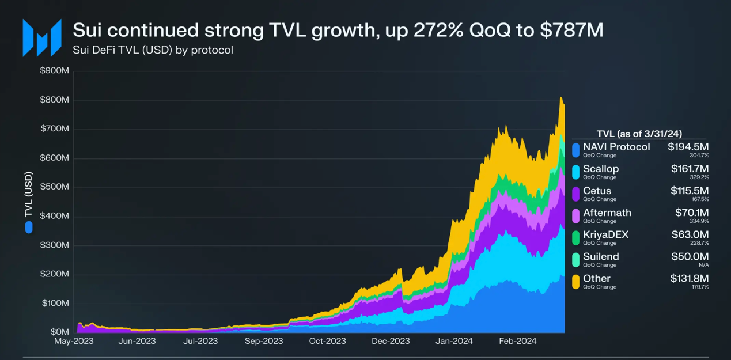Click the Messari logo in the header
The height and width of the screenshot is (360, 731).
(x=42, y=38)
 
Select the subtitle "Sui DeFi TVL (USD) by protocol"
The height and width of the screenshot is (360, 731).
(x=153, y=50)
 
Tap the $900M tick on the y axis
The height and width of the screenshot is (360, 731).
(x=55, y=71)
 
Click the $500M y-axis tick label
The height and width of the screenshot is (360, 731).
(x=55, y=187)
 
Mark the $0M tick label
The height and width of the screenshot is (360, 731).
(x=59, y=332)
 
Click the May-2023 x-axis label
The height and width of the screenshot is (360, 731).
(x=74, y=341)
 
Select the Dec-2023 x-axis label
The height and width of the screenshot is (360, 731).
(x=391, y=341)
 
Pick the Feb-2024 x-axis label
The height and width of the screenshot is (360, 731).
(x=517, y=341)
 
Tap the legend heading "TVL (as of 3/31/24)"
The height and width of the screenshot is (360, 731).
(x=639, y=134)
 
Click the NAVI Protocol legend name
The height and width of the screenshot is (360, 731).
(x=616, y=147)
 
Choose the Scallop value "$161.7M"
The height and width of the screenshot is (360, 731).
(x=690, y=169)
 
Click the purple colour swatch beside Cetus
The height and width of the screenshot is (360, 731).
(x=575, y=194)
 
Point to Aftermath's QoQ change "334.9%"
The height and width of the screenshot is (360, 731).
(x=699, y=221)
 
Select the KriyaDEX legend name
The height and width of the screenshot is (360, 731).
(x=605, y=234)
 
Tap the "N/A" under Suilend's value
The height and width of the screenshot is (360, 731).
(x=703, y=265)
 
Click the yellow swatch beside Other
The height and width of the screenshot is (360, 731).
(x=575, y=282)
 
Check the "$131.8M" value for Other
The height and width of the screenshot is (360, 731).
(x=689, y=279)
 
